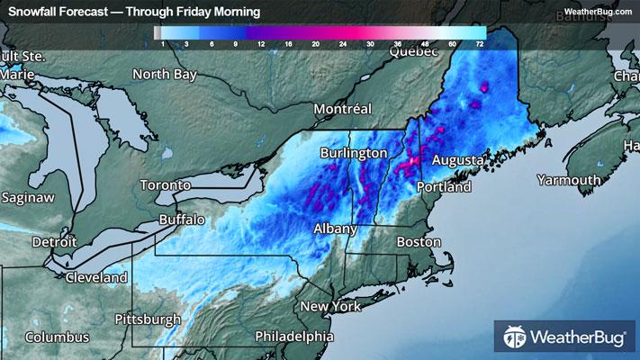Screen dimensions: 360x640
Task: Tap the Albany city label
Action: click(336, 229)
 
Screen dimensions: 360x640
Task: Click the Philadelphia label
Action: click(293, 336)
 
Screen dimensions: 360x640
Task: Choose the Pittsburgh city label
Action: click(148, 320)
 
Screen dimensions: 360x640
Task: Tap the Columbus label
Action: click(57, 337)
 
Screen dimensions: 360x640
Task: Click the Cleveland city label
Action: click(95, 278)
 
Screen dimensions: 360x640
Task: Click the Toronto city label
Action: click(165, 185)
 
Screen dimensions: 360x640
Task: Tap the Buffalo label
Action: click(182, 220)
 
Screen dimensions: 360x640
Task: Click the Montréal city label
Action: click(342, 109)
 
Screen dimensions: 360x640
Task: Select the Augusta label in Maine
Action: click(459, 160)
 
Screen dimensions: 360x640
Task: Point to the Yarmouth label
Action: click(569, 181)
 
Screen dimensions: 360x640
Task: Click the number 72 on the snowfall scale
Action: click(481, 43)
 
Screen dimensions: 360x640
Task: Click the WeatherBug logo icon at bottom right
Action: click(515, 338)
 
